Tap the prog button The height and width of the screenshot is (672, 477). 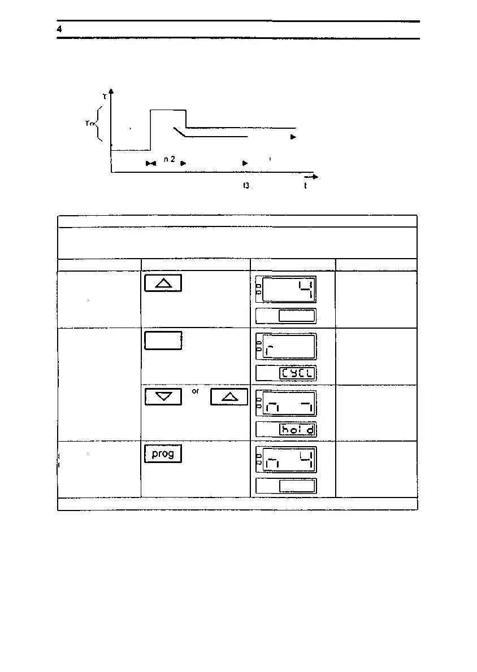(163, 454)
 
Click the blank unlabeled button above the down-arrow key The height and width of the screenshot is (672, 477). (163, 341)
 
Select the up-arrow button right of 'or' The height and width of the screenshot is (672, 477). (229, 397)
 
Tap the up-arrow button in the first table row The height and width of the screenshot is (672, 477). (163, 283)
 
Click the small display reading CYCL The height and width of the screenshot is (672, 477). (298, 373)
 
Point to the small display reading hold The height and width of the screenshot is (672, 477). (298, 430)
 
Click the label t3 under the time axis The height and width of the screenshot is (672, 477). (246, 185)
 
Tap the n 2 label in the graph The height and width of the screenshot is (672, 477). (169, 160)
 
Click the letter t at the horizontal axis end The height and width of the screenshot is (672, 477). (305, 186)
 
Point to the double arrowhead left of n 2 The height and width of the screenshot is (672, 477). (151, 164)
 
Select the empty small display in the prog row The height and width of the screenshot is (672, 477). (298, 486)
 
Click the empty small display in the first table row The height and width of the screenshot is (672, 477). (298, 316)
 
